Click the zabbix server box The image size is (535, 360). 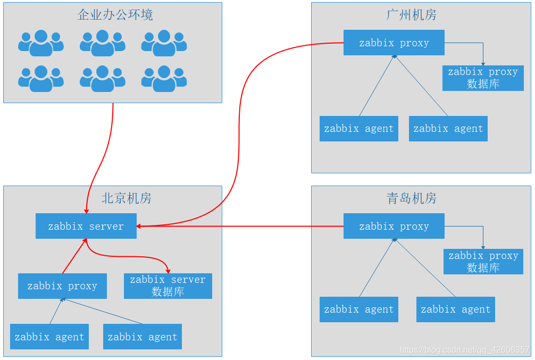[x=86, y=226]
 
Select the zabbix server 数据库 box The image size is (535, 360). [x=168, y=286]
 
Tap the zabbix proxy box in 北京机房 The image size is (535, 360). [x=62, y=286]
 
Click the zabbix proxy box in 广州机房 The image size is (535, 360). [x=394, y=43]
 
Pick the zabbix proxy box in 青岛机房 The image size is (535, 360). [x=394, y=226]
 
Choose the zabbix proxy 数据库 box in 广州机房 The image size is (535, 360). [x=483, y=78]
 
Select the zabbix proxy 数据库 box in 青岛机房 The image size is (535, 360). [x=483, y=262]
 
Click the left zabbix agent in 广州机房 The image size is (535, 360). [x=358, y=129]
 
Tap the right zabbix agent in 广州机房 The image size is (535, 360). [x=448, y=129]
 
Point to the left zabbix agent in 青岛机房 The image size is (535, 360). [x=358, y=309]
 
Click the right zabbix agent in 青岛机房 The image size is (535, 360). [x=455, y=309]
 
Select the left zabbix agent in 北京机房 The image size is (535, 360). [x=49, y=337]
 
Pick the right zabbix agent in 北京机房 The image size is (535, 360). [x=142, y=337]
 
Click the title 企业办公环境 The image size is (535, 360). [x=115, y=15]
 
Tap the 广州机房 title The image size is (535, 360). [x=411, y=15]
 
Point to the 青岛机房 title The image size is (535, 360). [x=411, y=198]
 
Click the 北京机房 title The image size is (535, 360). [x=126, y=198]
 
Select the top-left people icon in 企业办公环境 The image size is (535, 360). [x=41, y=43]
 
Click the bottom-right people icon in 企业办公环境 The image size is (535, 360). [x=164, y=79]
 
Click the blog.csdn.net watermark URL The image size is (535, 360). [x=464, y=350]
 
